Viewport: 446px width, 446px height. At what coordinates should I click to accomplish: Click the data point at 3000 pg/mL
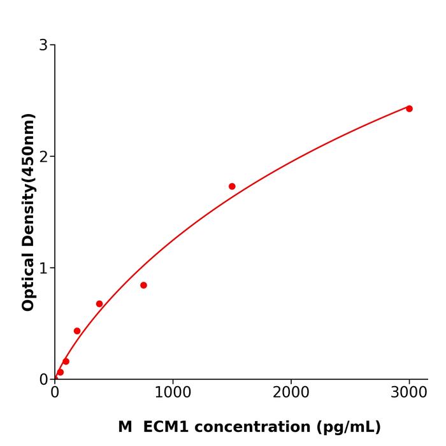pos(409,109)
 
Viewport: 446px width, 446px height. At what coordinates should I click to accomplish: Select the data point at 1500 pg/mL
pos(232,187)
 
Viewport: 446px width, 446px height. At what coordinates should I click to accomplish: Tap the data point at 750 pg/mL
pos(143,285)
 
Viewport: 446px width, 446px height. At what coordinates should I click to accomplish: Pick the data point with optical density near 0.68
pos(99,304)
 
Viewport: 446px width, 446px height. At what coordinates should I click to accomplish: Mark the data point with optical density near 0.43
pos(77,331)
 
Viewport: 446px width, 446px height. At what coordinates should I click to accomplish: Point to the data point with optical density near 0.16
pos(66,361)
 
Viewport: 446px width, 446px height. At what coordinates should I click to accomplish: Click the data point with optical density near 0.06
pos(61,372)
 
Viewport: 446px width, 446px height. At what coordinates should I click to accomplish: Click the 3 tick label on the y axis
pos(43,45)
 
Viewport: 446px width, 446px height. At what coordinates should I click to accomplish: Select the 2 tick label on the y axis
pos(43,157)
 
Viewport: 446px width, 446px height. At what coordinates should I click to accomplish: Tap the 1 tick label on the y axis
pos(43,268)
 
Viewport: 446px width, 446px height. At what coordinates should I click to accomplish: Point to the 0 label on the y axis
pos(43,380)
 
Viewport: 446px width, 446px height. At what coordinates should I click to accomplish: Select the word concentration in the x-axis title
pos(255,427)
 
